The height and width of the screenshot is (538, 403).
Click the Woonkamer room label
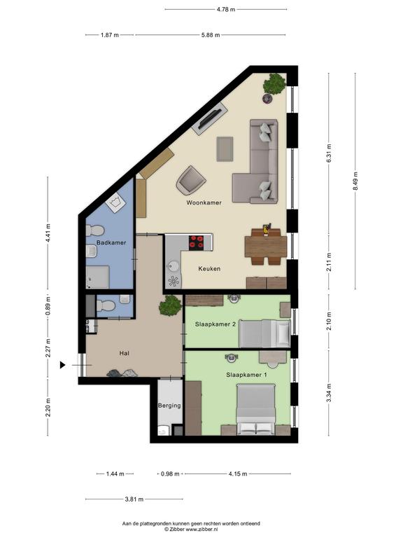click(x=204, y=202)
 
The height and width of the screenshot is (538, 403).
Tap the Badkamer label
click(x=111, y=242)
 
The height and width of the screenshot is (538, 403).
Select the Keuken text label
click(x=209, y=269)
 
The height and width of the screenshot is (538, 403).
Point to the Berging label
click(x=169, y=406)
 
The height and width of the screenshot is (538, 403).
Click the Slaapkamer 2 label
click(x=215, y=324)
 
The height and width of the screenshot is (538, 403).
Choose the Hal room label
click(x=124, y=353)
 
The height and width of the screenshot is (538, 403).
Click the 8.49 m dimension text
click(x=355, y=181)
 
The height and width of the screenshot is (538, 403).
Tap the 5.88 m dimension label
click(x=211, y=35)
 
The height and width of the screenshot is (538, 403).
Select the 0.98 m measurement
click(x=170, y=474)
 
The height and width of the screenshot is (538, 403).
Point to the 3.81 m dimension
click(x=134, y=499)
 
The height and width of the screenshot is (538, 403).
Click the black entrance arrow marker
click(x=62, y=365)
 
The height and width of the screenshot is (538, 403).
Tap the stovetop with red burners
click(x=197, y=242)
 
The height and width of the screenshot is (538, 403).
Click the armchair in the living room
click(x=190, y=181)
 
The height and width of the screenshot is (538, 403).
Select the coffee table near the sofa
click(x=225, y=149)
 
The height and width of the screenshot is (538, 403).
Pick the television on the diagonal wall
click(x=210, y=118)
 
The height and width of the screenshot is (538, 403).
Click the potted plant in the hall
click(x=170, y=305)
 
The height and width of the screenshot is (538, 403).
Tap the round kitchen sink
click(x=174, y=266)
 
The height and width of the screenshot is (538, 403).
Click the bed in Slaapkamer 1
click(x=256, y=410)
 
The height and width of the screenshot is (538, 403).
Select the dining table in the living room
click(x=266, y=247)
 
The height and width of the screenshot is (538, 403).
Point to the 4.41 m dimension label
click(x=48, y=233)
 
